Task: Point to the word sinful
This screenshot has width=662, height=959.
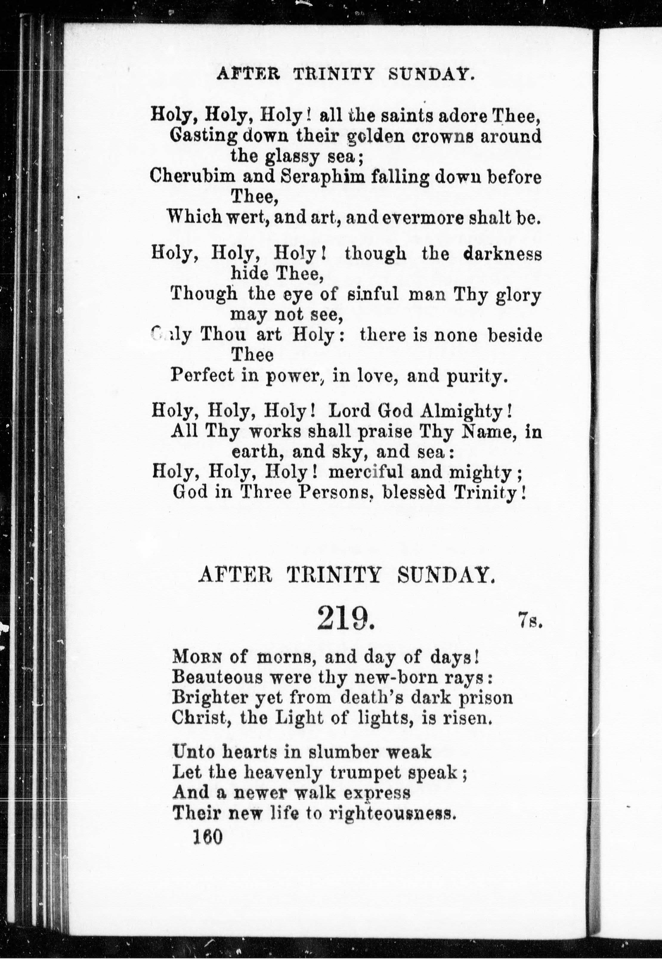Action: click(x=372, y=295)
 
